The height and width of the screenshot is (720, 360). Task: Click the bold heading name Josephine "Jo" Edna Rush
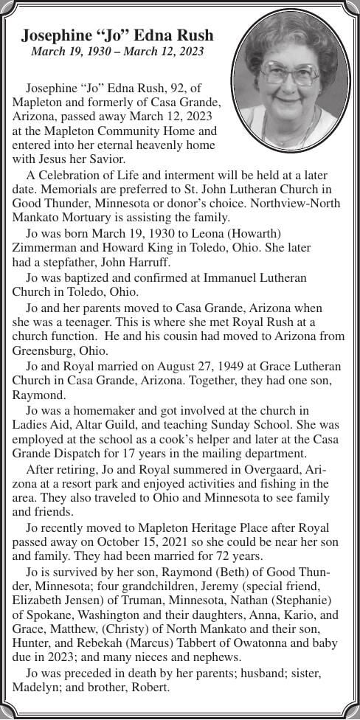pos(117,35)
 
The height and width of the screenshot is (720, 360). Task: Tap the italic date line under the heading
pos(117,52)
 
